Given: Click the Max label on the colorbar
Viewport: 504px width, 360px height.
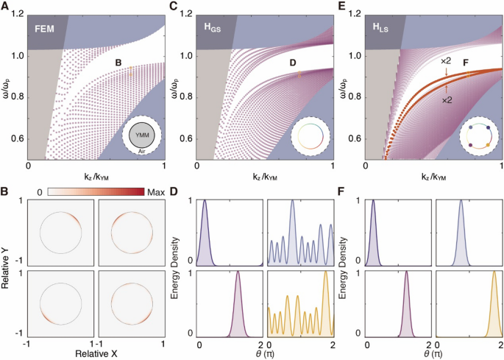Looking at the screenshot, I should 156,191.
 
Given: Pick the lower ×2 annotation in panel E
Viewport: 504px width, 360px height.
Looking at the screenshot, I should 447,98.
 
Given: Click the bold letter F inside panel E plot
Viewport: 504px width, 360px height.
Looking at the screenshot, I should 466,63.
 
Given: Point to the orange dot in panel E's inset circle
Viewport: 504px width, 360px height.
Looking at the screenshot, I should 486,147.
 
